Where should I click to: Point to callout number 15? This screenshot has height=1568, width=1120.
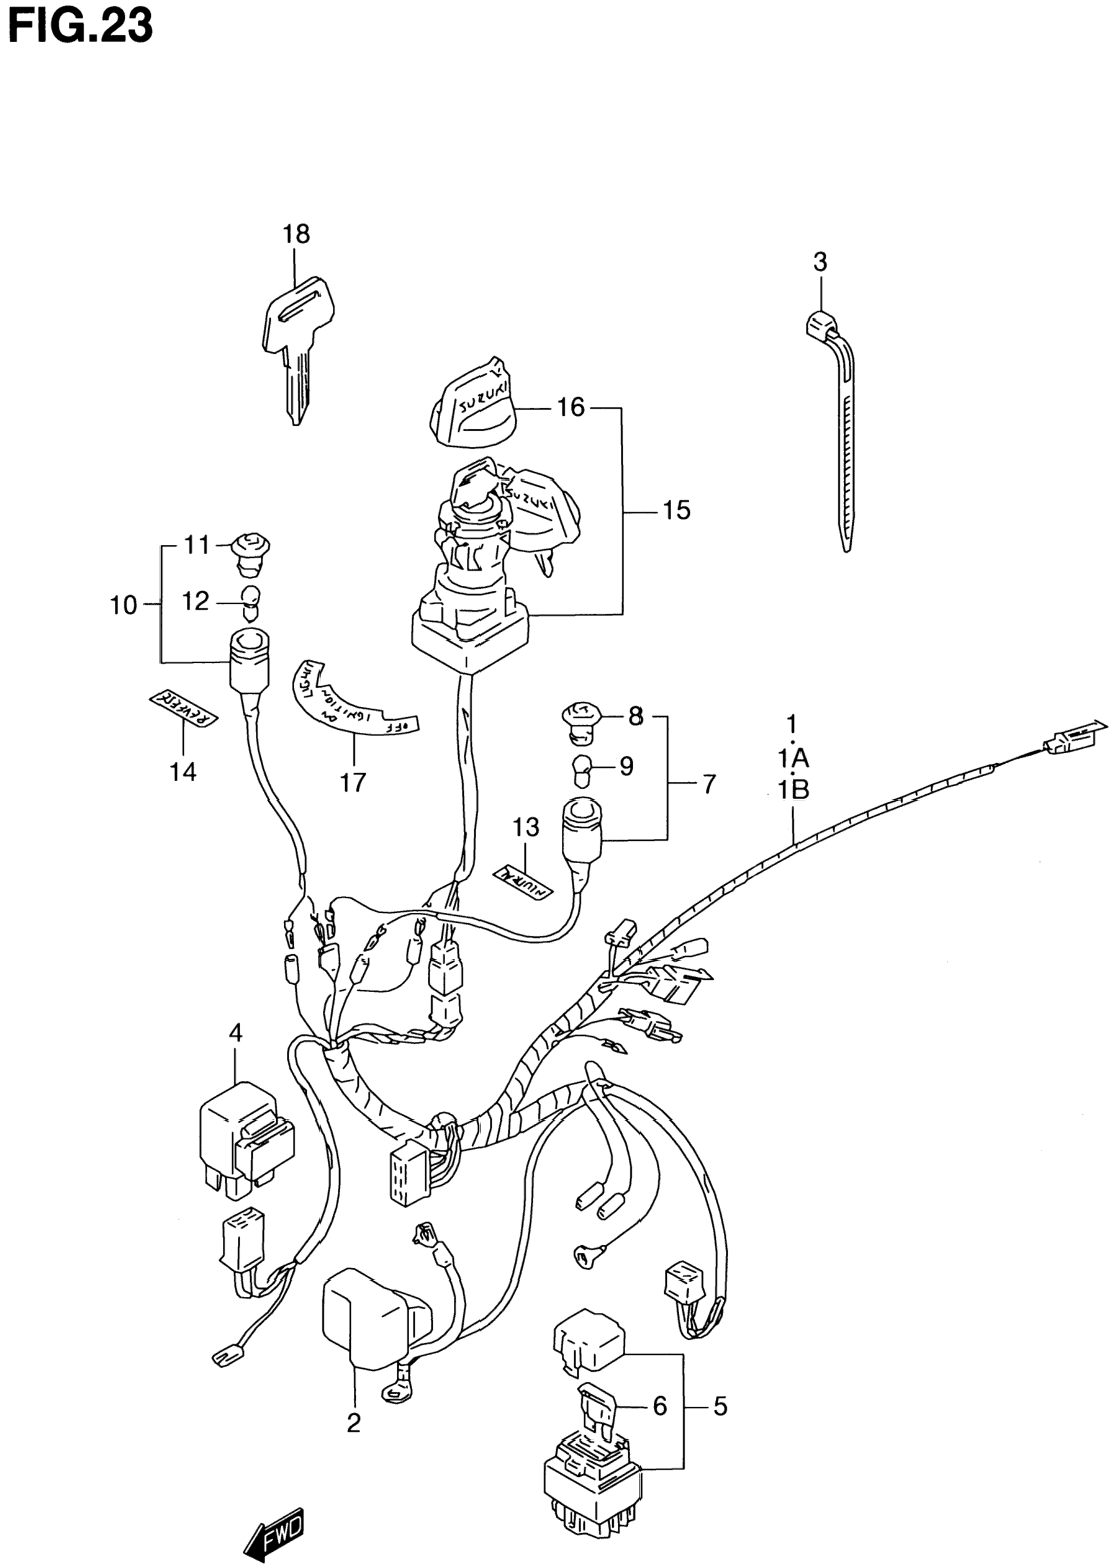point(676,511)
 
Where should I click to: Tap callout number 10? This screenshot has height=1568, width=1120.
point(124,606)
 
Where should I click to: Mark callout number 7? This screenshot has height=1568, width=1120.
point(709,784)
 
